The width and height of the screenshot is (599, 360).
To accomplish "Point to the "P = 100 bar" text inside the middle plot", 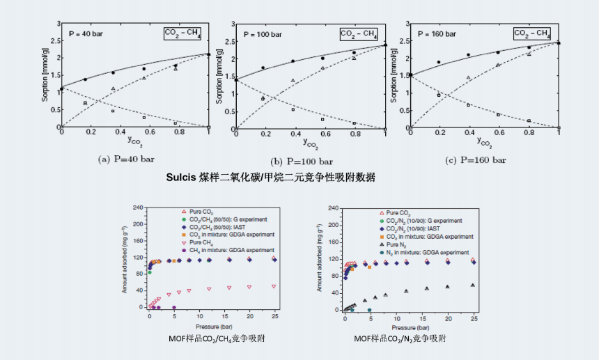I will point(263,33).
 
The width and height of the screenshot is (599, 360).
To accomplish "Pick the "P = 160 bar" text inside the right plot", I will point(437,33).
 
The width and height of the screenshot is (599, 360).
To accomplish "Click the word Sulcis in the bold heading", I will point(182,176).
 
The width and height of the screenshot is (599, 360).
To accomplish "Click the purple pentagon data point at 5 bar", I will point(173,307).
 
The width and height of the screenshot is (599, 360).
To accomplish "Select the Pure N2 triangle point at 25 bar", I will point(473,285).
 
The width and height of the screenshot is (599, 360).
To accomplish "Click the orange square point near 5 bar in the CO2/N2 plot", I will point(369,267).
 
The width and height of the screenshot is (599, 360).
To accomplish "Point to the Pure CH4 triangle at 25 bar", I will point(274,286).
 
